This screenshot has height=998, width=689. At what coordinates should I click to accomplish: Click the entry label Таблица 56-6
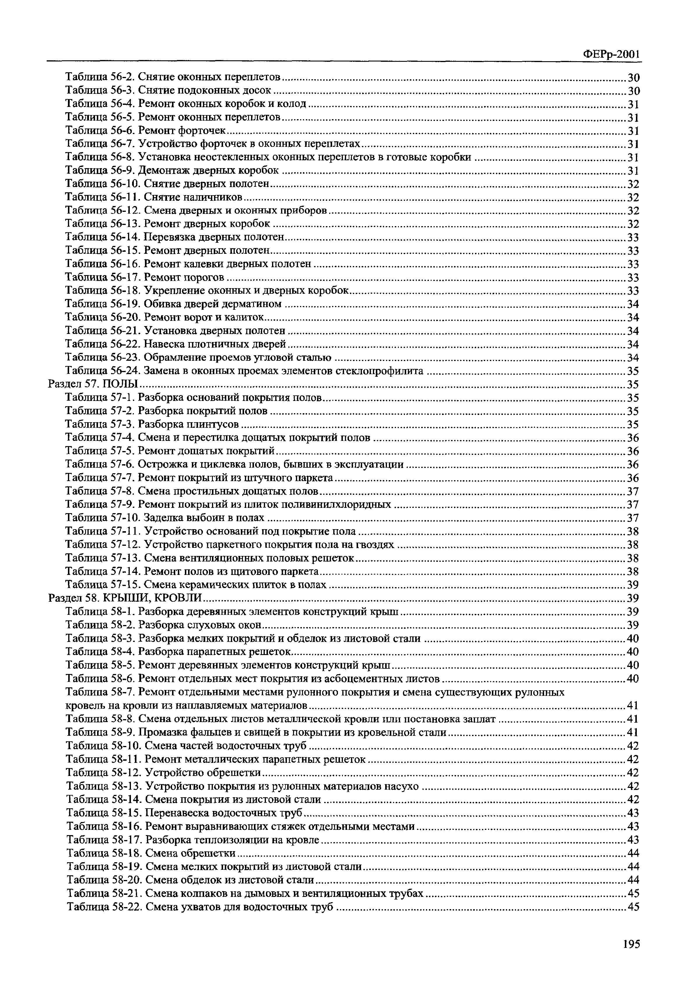[100, 131]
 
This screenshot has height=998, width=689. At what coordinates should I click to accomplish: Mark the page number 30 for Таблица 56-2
[633, 78]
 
